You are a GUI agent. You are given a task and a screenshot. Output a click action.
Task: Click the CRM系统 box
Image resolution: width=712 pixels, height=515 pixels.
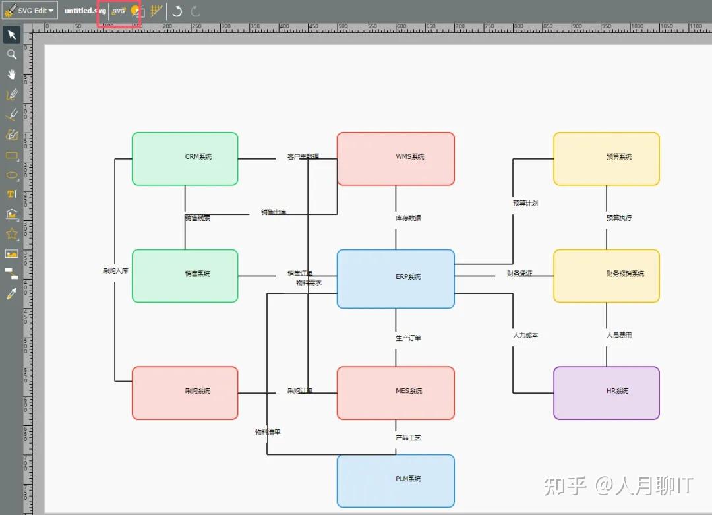[185, 158]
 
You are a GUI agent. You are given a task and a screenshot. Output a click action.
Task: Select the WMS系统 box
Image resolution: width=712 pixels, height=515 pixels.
[396, 158]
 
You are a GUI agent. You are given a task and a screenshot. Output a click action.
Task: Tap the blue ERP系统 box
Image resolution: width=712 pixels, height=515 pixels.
[396, 278]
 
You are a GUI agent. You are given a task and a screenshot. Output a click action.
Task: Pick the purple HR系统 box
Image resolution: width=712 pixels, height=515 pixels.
[606, 392]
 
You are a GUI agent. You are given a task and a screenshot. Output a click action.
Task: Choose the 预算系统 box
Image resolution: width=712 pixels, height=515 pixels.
[606, 158]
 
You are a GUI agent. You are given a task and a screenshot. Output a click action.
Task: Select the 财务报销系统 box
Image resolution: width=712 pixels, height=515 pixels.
[606, 275]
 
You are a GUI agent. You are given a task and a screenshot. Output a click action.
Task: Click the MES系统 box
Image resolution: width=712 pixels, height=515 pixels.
[396, 392]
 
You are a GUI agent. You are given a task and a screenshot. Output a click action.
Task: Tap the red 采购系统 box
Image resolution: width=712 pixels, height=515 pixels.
[185, 392]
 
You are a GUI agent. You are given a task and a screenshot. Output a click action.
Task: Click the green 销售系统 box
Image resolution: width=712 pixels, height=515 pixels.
[185, 275]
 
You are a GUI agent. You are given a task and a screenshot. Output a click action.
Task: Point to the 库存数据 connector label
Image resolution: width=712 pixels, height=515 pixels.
[408, 218]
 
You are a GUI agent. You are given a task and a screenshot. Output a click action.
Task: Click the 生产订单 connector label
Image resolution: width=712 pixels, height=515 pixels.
[408, 338]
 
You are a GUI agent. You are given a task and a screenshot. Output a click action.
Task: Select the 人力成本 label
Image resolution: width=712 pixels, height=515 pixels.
[525, 335]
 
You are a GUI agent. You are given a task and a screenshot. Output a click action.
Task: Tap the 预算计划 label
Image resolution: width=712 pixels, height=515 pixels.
[525, 203]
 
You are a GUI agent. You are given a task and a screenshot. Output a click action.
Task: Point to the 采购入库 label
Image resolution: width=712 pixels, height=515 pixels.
[115, 270]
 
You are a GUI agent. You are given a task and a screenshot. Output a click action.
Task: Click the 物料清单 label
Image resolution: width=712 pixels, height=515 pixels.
[268, 432]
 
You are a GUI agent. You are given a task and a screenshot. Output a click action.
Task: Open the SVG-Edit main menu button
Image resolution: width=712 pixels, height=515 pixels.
[30, 11]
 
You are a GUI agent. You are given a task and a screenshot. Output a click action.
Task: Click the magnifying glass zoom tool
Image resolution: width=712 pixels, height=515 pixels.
[11, 55]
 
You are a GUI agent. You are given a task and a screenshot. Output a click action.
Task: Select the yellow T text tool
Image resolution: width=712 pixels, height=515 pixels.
[11, 194]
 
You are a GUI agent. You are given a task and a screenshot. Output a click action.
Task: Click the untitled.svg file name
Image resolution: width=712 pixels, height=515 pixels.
[85, 11]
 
